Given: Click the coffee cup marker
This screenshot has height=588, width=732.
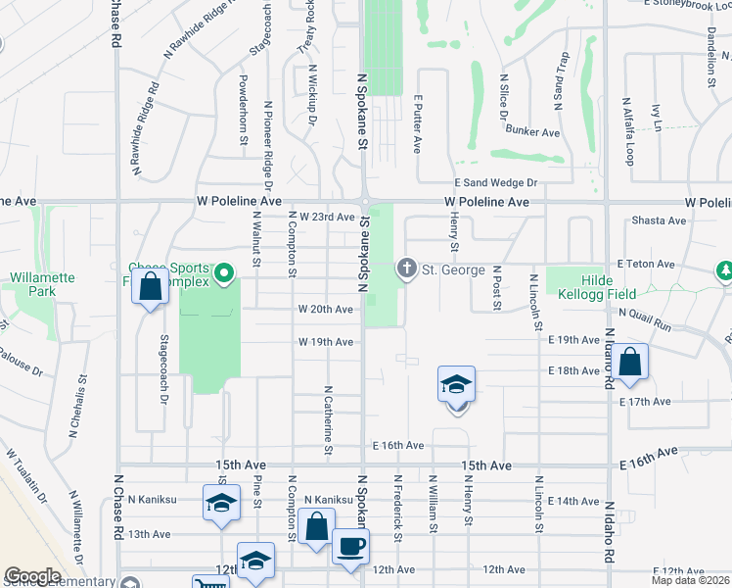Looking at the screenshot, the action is pos(350,546).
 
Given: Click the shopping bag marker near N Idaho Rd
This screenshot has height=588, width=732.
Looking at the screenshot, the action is pos(631,361).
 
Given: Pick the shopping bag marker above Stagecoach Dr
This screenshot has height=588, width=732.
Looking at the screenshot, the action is pos(149,288).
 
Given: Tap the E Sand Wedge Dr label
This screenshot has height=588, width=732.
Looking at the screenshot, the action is pos(495,182).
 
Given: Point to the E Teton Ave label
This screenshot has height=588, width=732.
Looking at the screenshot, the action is pos(646,265).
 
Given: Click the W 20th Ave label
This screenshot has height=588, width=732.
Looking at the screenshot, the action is pos(326,310).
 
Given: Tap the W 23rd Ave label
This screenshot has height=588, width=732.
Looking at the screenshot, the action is pos(326,217).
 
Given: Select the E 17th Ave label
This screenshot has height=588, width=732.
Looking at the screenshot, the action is pos(644,402).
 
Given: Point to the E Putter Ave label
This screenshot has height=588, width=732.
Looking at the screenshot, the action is pos(417,124).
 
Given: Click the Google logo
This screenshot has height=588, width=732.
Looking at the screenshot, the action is pos(32,576).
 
